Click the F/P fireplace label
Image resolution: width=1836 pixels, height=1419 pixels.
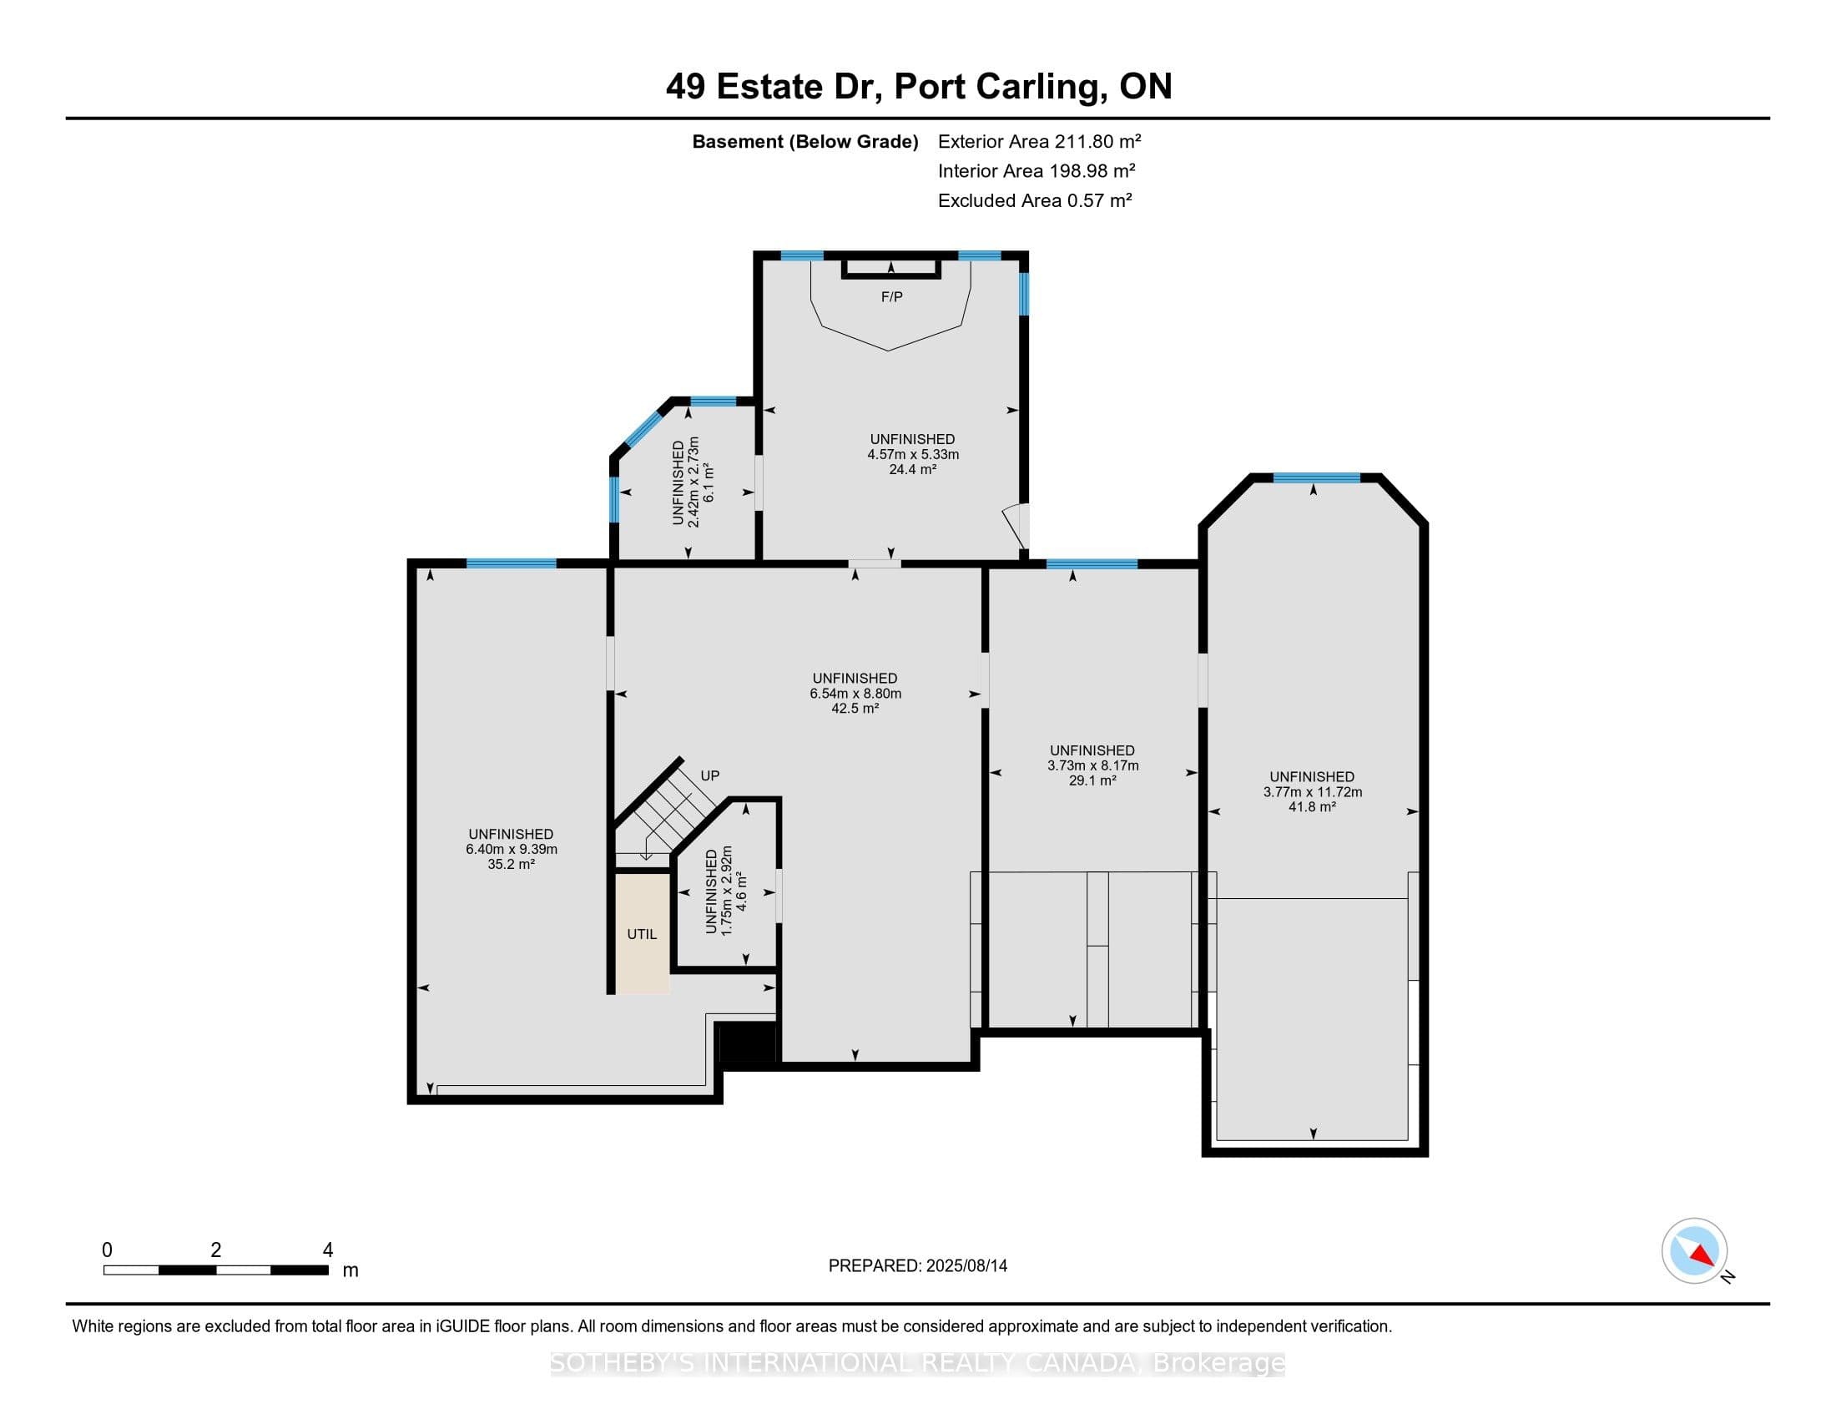point(892,297)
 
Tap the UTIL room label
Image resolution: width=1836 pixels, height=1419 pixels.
point(643,934)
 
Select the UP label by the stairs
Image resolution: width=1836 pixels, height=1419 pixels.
point(710,776)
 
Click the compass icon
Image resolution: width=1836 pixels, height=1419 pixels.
point(1695,1251)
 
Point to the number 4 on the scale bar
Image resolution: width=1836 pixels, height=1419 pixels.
point(328,1250)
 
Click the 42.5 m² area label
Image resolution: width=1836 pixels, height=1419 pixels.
point(855,709)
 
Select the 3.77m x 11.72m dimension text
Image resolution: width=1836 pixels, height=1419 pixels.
point(1313,792)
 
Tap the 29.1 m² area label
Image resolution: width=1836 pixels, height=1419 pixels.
point(1092,781)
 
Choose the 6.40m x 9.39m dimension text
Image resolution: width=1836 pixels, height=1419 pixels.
point(512,849)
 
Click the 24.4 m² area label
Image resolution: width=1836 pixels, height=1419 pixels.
point(913,469)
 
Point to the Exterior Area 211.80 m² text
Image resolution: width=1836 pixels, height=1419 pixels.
point(1040,141)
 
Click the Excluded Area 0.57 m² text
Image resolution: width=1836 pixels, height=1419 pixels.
point(1035,200)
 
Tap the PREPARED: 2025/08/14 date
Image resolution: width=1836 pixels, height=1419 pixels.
point(918,1266)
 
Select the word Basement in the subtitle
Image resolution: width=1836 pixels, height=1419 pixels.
point(737,141)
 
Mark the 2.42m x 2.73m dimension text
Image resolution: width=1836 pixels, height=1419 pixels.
point(694,482)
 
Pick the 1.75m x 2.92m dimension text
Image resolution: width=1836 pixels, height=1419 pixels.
point(727,891)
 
